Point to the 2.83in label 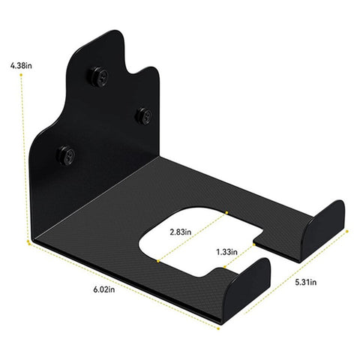(x=179, y=232)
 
